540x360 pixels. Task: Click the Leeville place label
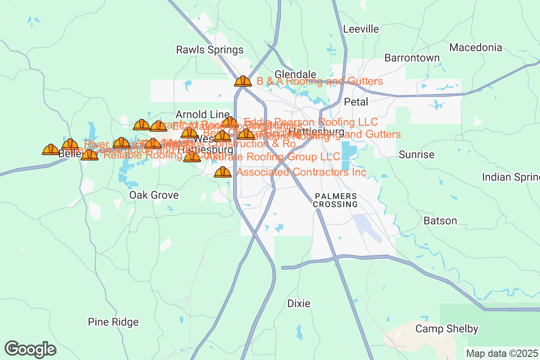[x=361, y=29]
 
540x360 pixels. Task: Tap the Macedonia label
[x=476, y=47]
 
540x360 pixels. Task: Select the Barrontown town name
[x=412, y=58]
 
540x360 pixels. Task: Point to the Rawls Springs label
[x=210, y=49]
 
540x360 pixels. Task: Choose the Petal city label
[x=356, y=102]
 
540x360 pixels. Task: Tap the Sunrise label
[x=417, y=155]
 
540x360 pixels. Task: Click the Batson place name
[x=440, y=221]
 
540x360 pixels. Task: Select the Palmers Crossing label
[x=336, y=200]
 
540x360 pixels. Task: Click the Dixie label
[x=299, y=304]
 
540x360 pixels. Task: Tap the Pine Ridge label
[x=113, y=322]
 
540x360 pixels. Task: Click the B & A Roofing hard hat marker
[x=243, y=81]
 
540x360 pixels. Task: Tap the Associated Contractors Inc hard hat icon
[x=223, y=172]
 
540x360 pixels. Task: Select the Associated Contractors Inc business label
[x=301, y=172]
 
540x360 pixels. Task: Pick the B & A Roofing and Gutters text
[x=319, y=81]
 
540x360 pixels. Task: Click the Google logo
[x=31, y=349]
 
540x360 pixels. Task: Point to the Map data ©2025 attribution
[x=502, y=354]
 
